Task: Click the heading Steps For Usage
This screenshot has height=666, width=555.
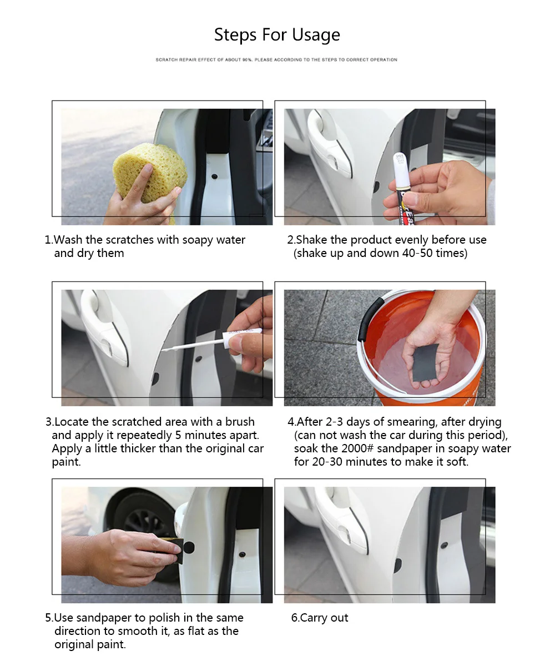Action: pyautogui.click(x=277, y=35)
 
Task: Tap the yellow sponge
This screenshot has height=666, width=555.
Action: pyautogui.click(x=150, y=174)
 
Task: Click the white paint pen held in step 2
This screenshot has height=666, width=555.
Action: pyautogui.click(x=402, y=189)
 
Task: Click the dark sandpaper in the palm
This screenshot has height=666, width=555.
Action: pyautogui.click(x=426, y=362)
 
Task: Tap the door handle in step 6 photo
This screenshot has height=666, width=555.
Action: pyautogui.click(x=341, y=520)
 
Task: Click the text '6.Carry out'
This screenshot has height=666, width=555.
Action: pyautogui.click(x=320, y=618)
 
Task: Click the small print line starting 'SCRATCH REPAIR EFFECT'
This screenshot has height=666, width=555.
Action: pyautogui.click(x=276, y=59)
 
